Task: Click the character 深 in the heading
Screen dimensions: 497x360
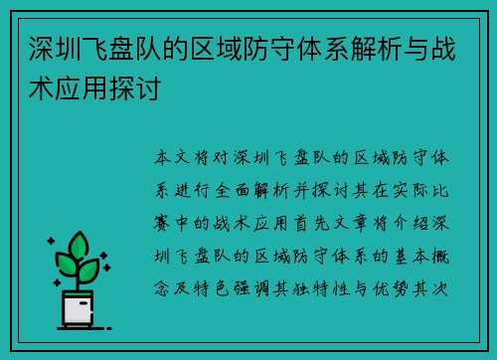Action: tap(42, 49)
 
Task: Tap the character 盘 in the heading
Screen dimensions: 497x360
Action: tap(122, 49)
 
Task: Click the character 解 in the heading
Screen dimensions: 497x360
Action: tap(364, 49)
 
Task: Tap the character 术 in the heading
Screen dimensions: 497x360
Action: tap(42, 88)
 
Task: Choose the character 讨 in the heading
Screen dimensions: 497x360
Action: tap(149, 88)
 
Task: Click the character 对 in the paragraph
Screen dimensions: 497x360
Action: tap(221, 157)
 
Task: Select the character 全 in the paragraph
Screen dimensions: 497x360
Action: tap(222, 191)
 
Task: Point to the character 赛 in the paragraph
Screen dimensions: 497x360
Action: tap(162, 223)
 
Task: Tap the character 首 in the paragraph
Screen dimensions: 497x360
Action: tap(301, 223)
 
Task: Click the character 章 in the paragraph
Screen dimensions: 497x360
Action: tap(361, 223)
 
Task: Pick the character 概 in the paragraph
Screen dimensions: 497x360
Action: tap(440, 257)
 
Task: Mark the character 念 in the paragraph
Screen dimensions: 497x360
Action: tap(162, 289)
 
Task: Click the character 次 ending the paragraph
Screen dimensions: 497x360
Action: tap(440, 289)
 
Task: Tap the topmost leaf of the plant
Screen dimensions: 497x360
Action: tap(79, 246)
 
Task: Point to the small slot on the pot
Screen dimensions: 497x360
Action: tap(83, 303)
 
